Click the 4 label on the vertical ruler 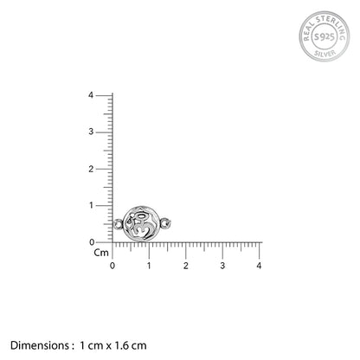[91, 95]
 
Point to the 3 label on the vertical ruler [91, 132]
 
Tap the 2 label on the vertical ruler [91, 169]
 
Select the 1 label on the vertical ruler [91, 205]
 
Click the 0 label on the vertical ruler [92, 242]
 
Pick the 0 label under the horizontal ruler [112, 266]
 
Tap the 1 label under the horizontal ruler [149, 266]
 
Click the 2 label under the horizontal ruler [186, 266]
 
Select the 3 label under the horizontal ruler [222, 266]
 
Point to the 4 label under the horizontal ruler [259, 266]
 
